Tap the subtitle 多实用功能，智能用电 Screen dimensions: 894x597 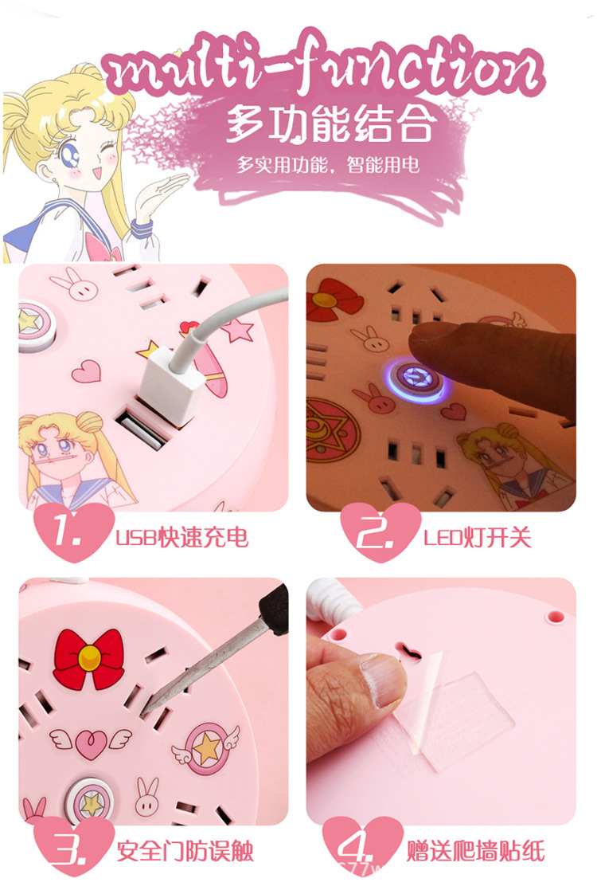[327, 166]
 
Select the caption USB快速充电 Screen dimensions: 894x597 [182, 537]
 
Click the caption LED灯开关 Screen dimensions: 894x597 [477, 537]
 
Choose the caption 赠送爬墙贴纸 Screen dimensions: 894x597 [476, 851]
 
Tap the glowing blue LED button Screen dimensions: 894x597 [414, 378]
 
